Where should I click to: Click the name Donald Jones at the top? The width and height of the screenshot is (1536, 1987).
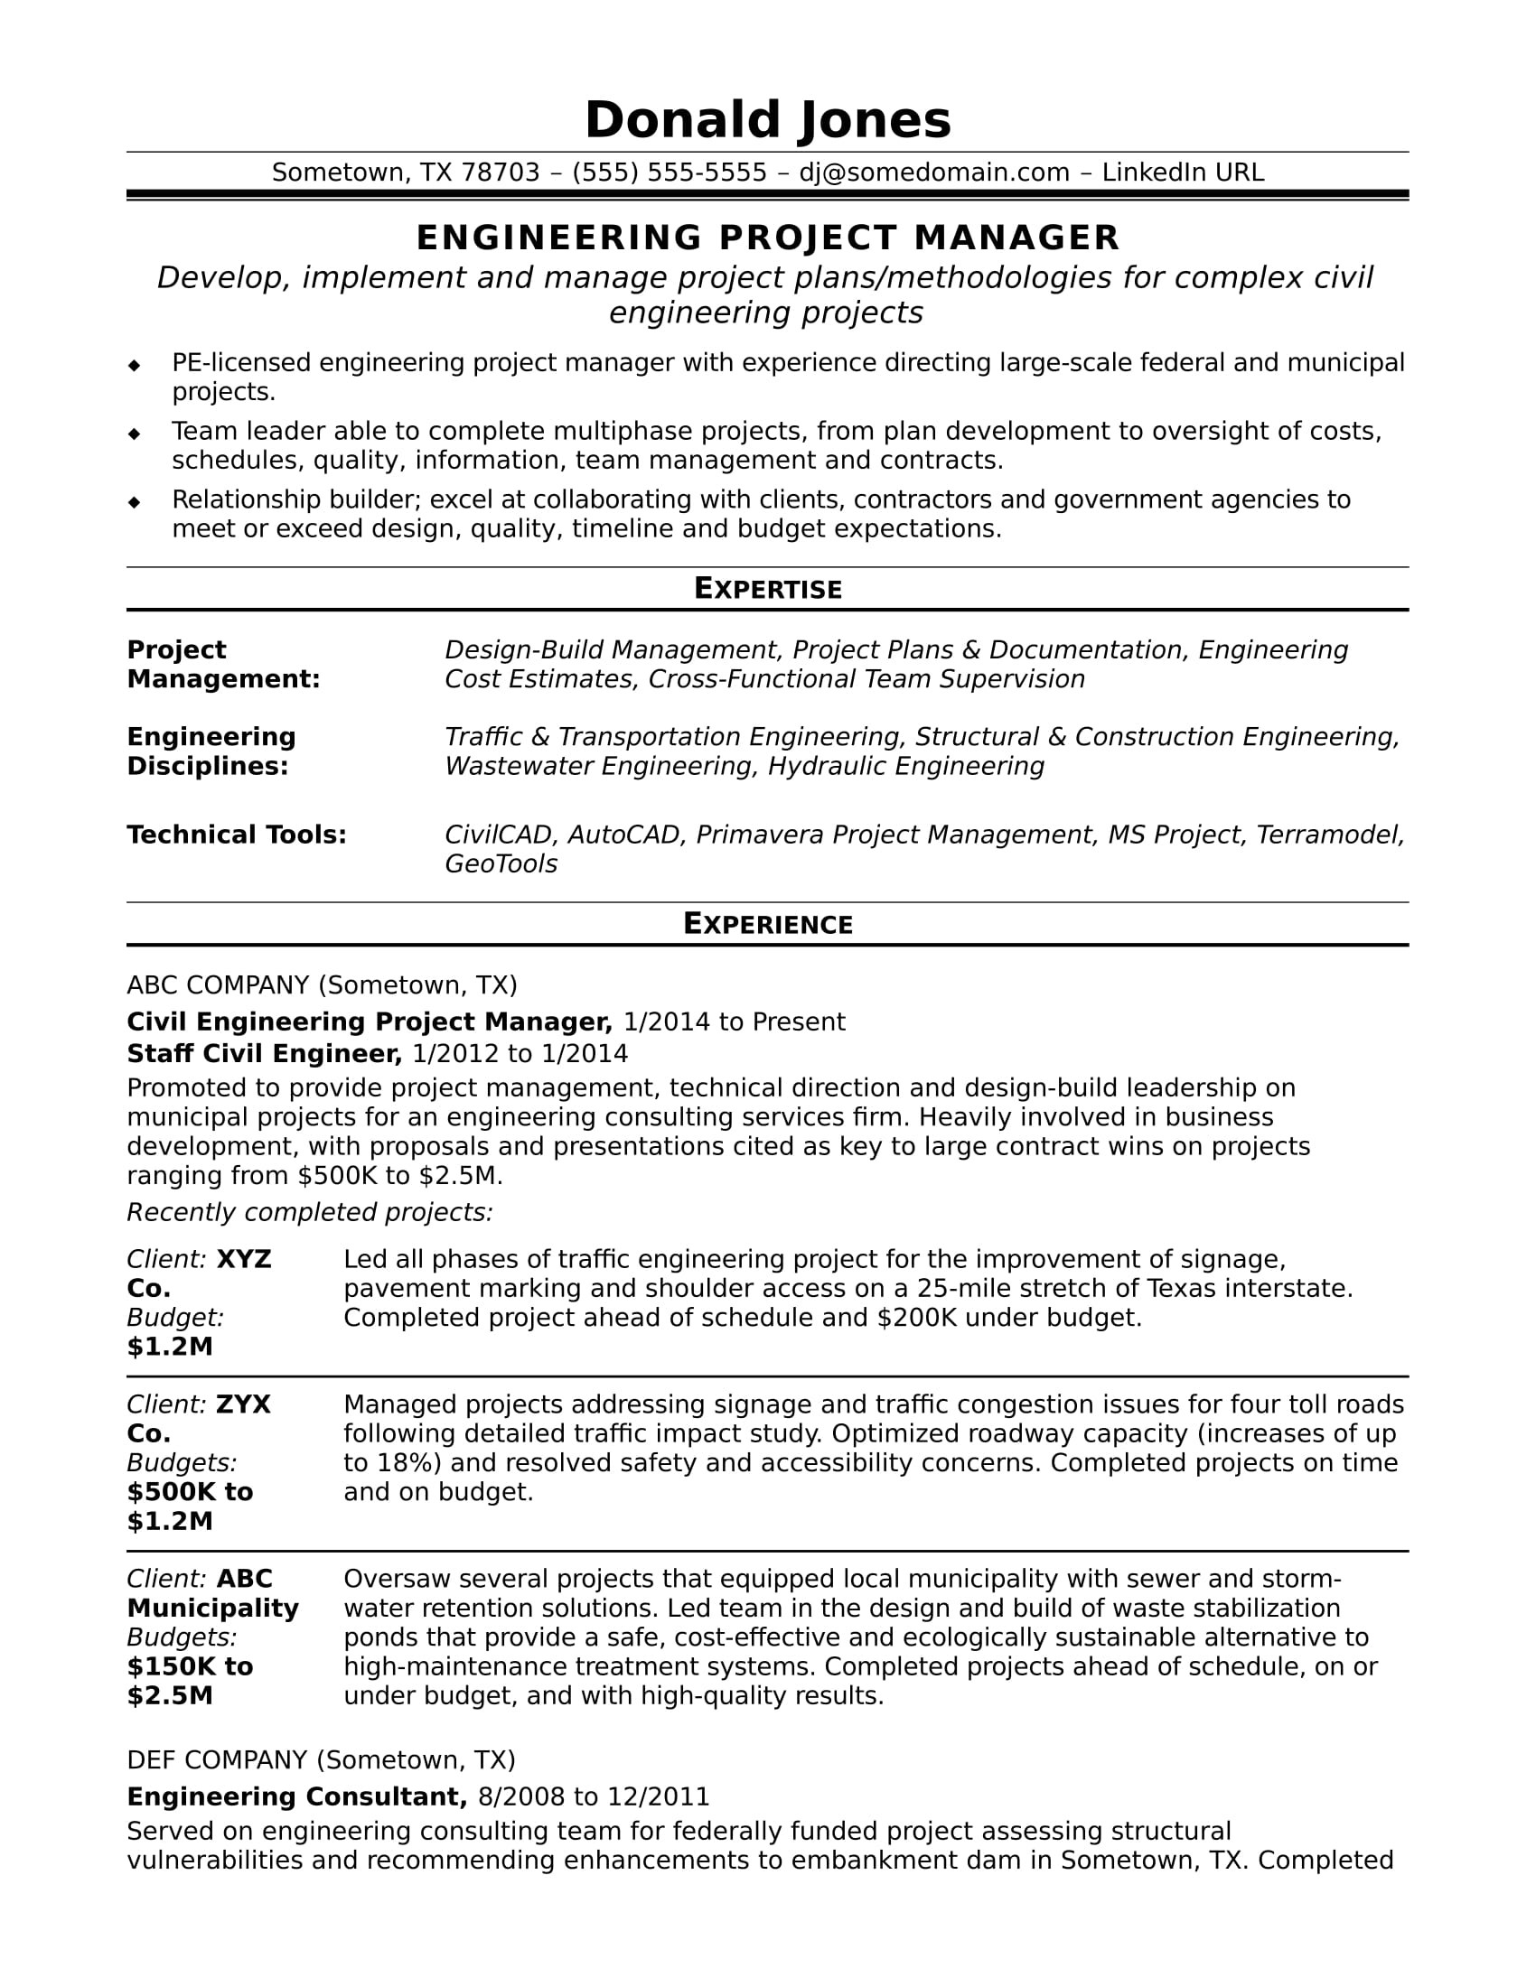767,120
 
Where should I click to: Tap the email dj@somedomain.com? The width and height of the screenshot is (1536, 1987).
933,173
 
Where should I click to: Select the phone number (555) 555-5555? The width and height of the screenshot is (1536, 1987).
669,173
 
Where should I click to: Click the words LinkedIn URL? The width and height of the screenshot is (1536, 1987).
1182,173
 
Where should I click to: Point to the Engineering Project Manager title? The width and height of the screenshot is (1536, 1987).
767,238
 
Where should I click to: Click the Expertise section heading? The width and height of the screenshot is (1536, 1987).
767,589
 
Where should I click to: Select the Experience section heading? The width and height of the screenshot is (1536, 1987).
767,923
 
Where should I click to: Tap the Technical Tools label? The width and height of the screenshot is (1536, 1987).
237,835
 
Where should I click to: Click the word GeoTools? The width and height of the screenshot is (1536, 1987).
501,863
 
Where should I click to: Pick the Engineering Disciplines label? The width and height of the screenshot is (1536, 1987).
211,751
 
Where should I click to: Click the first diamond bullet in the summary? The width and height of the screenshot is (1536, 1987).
135,366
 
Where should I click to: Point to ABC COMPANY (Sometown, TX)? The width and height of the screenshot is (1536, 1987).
322,984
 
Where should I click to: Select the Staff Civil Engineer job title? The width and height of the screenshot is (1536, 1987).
264,1053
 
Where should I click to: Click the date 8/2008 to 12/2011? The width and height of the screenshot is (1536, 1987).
594,1796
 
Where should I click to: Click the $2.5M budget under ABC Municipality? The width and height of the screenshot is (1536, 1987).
169,1695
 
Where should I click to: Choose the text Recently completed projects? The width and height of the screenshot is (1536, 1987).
309,1212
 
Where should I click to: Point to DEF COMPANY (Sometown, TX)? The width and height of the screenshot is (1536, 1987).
321,1759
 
